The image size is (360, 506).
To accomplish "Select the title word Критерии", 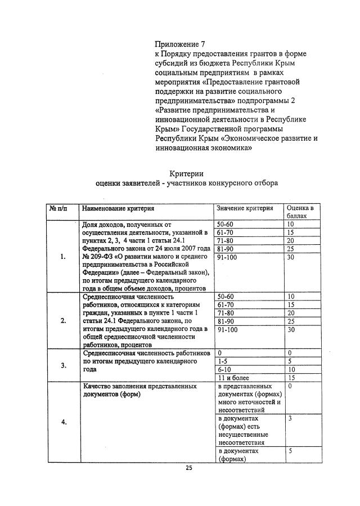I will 186,173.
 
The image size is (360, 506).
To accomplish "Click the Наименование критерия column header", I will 118,208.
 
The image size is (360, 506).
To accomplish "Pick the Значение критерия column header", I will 245,208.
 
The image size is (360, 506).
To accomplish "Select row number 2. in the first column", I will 62,321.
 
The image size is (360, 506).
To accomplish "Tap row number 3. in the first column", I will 62,365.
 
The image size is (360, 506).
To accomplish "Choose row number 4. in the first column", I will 62,423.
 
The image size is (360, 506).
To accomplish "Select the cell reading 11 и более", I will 232,378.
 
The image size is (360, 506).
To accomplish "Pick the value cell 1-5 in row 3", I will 222,361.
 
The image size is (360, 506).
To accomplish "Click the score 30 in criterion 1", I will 291,257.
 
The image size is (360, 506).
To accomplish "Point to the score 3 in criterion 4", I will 289,419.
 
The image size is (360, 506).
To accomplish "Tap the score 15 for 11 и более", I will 291,378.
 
